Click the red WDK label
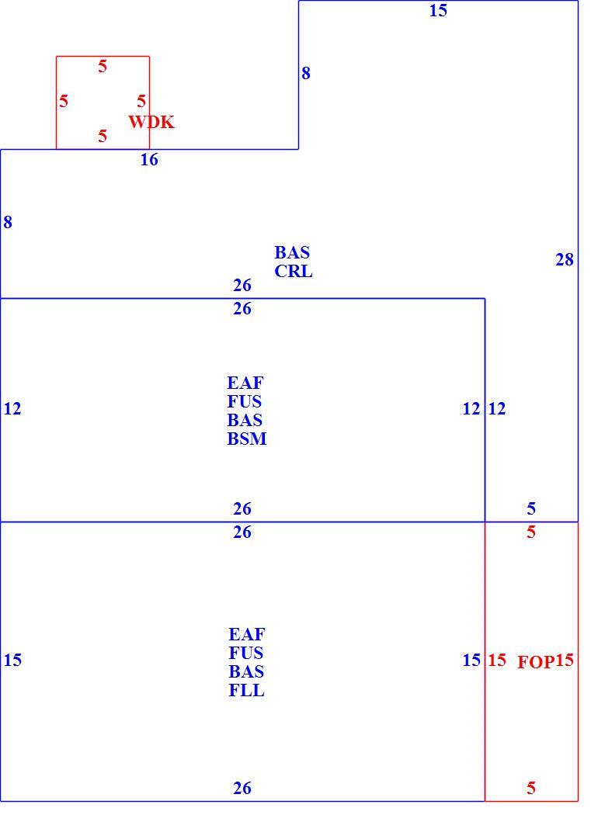pyautogui.click(x=151, y=122)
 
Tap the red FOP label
pyautogui.click(x=536, y=661)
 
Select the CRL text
pyautogui.click(x=294, y=272)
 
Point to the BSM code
pyautogui.click(x=247, y=439)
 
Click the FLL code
pyautogui.click(x=246, y=690)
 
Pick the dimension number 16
pyautogui.click(x=149, y=160)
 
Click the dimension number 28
pyautogui.click(x=565, y=259)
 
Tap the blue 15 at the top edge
pyautogui.click(x=438, y=10)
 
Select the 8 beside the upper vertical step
pyautogui.click(x=306, y=73)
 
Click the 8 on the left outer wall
pyautogui.click(x=7, y=222)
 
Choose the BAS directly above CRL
pyautogui.click(x=292, y=252)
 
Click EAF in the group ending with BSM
pyautogui.click(x=245, y=383)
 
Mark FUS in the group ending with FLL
pyautogui.click(x=246, y=653)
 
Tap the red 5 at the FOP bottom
pyautogui.click(x=531, y=788)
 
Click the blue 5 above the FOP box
pyautogui.click(x=531, y=508)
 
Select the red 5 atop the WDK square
pyautogui.click(x=103, y=67)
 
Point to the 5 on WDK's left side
pyautogui.click(x=64, y=101)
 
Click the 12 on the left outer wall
pyautogui.click(x=12, y=409)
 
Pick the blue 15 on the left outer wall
pyautogui.click(x=12, y=660)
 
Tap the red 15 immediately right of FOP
pyautogui.click(x=565, y=660)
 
